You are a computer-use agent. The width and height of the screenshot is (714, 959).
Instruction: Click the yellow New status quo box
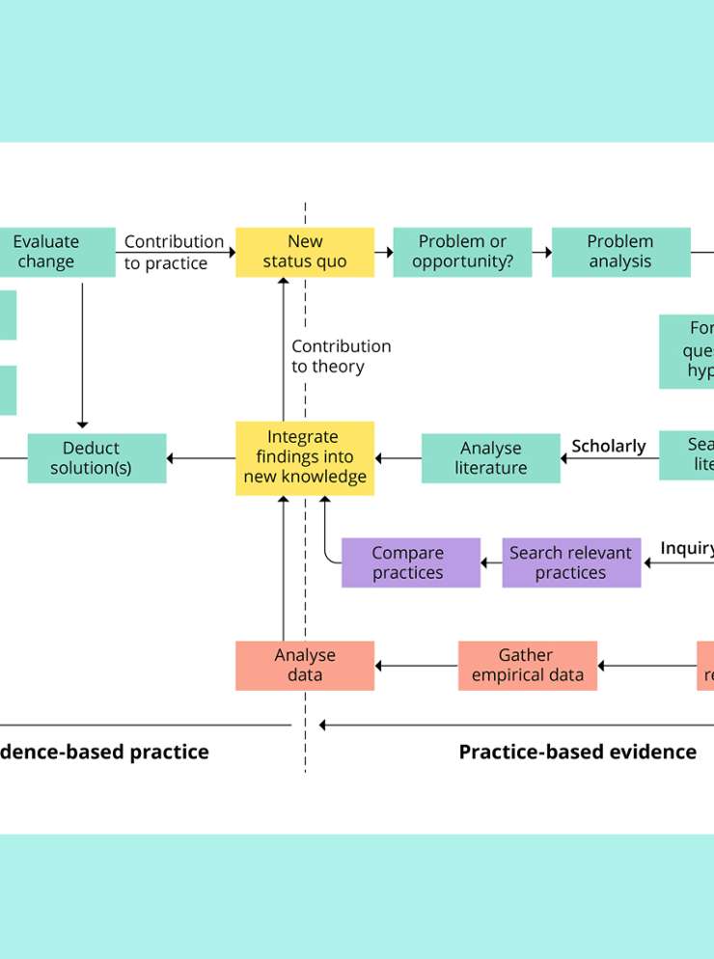[305, 252]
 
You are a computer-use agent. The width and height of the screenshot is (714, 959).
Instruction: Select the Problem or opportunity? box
[462, 252]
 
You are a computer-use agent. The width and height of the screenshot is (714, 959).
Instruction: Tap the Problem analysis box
[620, 252]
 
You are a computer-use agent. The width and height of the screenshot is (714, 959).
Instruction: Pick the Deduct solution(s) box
[96, 458]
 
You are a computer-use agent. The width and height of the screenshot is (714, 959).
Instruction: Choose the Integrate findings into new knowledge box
[305, 457]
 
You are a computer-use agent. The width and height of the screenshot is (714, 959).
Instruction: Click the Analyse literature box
[490, 458]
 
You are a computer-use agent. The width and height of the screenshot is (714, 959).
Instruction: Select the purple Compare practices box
[410, 562]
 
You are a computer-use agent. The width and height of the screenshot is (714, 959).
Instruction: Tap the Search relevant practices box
[571, 562]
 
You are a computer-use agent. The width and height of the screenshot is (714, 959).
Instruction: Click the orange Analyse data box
[305, 666]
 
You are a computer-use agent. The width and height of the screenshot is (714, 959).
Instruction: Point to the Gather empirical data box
[527, 666]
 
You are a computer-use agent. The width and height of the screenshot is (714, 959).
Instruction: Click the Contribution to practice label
[174, 252]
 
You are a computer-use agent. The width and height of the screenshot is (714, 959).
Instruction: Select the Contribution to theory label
[342, 356]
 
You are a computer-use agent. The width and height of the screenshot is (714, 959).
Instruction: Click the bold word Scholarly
[609, 446]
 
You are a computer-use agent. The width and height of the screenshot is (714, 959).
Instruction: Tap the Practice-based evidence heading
[577, 752]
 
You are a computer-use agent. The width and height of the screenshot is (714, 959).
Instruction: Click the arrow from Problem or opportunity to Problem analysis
[541, 252]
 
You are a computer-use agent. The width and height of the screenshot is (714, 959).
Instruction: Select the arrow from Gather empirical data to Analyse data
[416, 666]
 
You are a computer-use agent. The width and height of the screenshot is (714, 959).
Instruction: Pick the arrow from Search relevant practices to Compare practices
[491, 562]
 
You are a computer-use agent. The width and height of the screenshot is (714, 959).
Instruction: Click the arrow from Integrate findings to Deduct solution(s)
[201, 458]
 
